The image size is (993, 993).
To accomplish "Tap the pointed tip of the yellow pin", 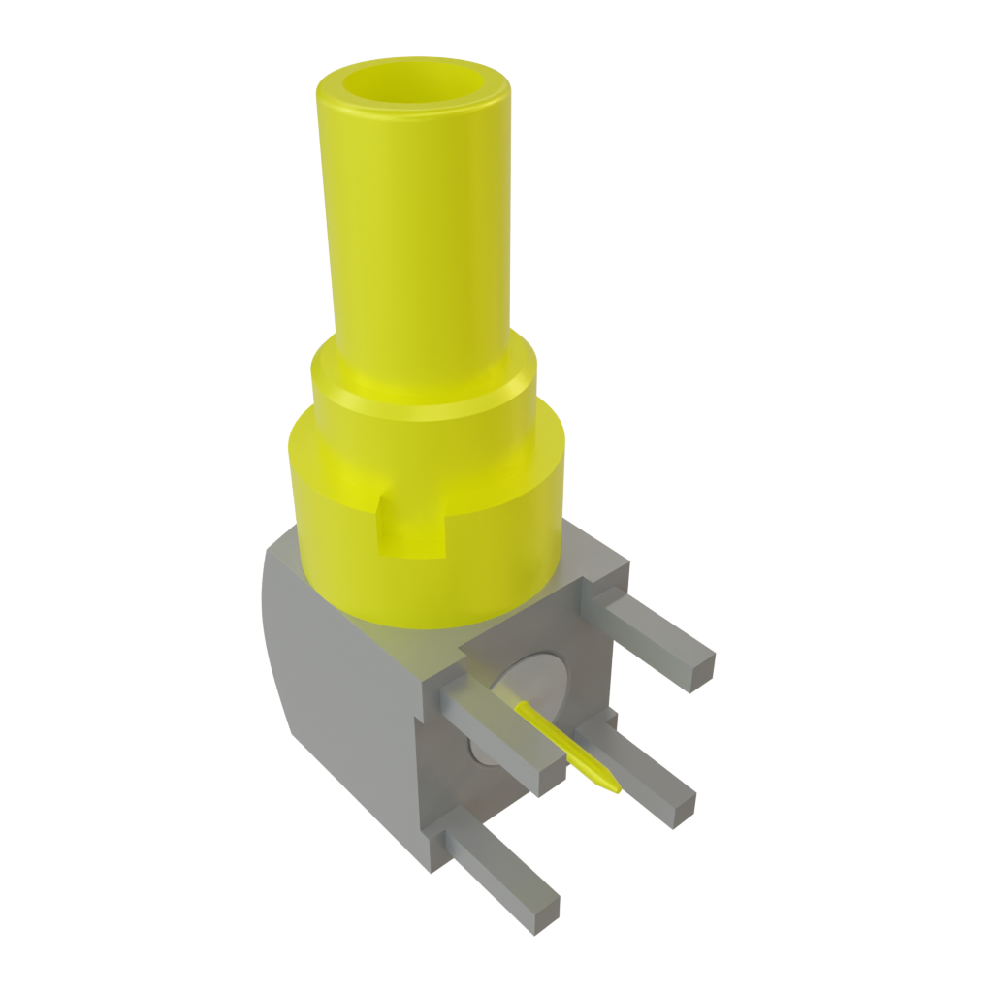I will (613, 788).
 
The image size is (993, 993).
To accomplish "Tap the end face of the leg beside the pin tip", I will (680, 804).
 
